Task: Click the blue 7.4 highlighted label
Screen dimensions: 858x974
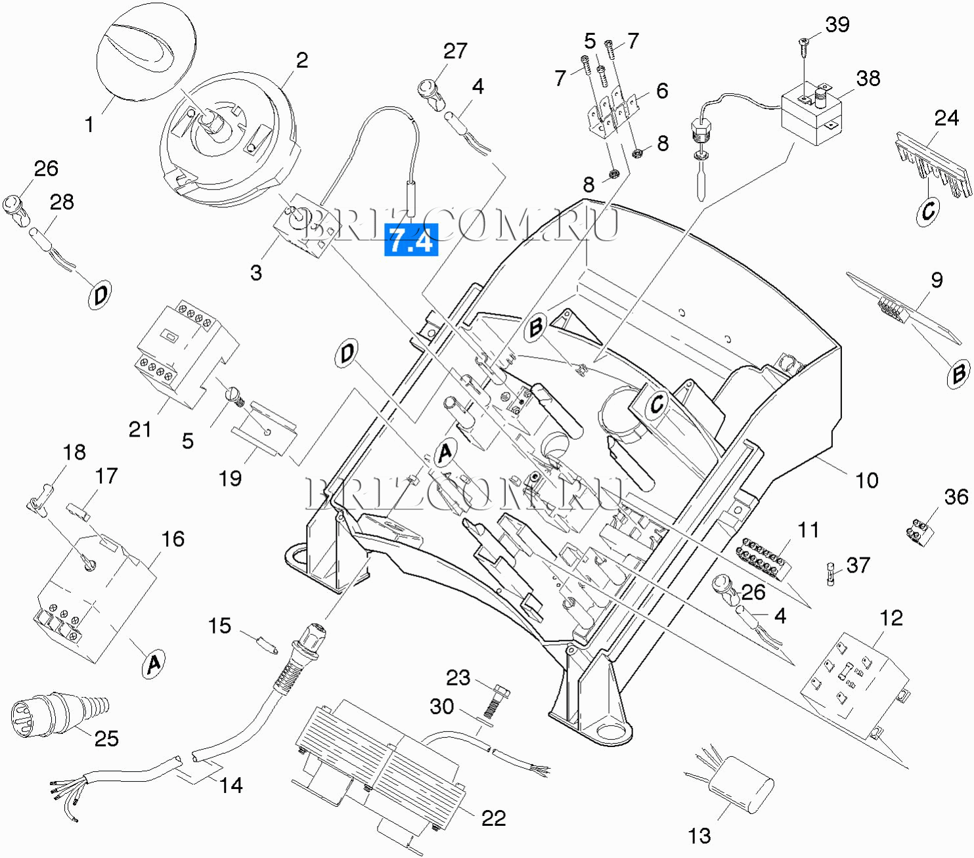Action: pyautogui.click(x=410, y=240)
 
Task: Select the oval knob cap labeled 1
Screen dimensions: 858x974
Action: pyautogui.click(x=146, y=53)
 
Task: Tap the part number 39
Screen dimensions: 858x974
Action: pyautogui.click(x=837, y=25)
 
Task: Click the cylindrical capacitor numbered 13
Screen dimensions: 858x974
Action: pyautogui.click(x=742, y=784)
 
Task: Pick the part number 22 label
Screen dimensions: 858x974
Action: pyautogui.click(x=493, y=818)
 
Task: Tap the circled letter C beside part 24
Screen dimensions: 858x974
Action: pyautogui.click(x=928, y=211)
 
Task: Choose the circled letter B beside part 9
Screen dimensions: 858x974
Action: pyautogui.click(x=958, y=374)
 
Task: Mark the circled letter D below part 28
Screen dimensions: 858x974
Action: pyautogui.click(x=100, y=295)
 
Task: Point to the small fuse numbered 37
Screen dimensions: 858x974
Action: pyautogui.click(x=831, y=574)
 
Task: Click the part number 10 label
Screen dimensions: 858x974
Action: pyautogui.click(x=867, y=481)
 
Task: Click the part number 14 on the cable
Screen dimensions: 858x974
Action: pyautogui.click(x=231, y=785)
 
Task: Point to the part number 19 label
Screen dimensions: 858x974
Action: pyautogui.click(x=230, y=478)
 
